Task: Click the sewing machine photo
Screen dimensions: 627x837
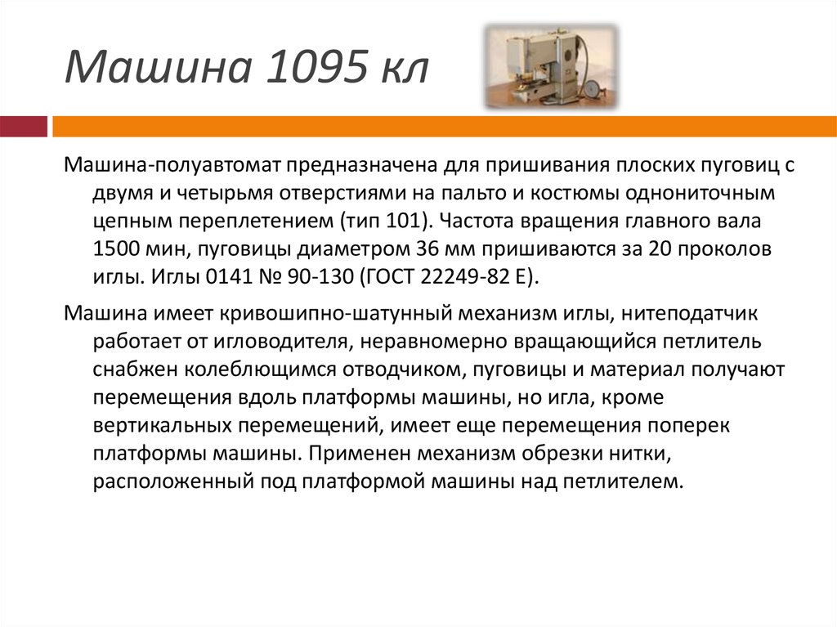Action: tap(550, 66)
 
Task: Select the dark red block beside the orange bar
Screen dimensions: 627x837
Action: tap(23, 127)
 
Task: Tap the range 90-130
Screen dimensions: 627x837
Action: tap(316, 277)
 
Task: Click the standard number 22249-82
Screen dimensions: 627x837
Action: tap(459, 277)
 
